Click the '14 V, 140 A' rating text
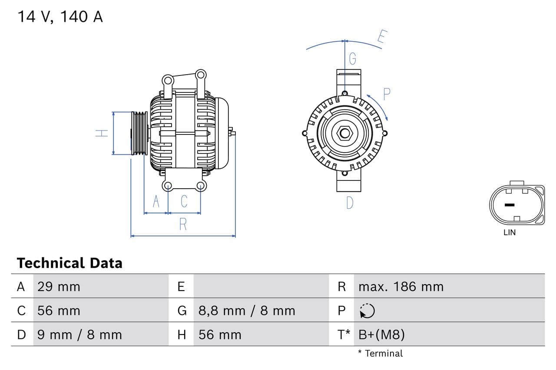[x=60, y=16]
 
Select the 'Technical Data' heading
[x=69, y=263]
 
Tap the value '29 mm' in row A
[x=59, y=287]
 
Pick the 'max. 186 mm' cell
[x=400, y=287]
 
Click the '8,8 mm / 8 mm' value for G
[x=247, y=311]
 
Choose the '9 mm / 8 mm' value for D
[x=79, y=335]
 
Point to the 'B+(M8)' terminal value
[x=381, y=335]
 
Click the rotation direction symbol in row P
[x=367, y=311]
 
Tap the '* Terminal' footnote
[x=380, y=354]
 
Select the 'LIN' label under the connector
[x=510, y=232]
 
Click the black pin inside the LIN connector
[x=510, y=205]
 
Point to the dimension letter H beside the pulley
[x=102, y=133]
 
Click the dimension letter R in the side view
[x=183, y=224]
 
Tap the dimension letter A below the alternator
[x=156, y=202]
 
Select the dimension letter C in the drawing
[x=184, y=202]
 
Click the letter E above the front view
[x=381, y=37]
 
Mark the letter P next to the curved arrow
[x=386, y=94]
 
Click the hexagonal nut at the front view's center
[x=345, y=133]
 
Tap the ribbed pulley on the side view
[x=139, y=133]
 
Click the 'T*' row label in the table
[x=344, y=335]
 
